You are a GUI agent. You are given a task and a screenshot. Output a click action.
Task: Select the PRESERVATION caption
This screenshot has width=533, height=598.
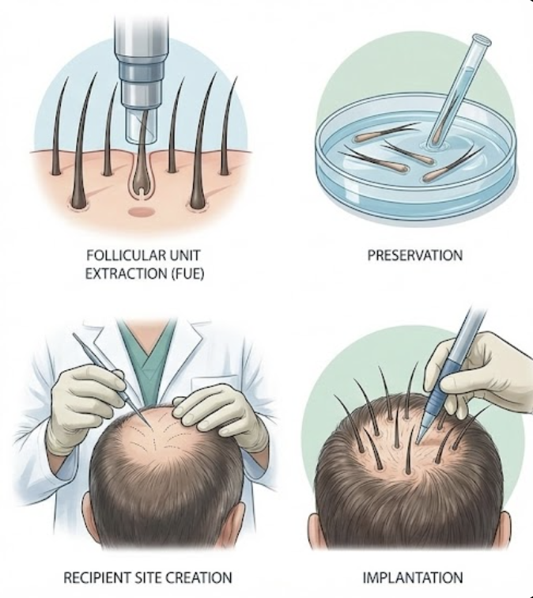[415, 255]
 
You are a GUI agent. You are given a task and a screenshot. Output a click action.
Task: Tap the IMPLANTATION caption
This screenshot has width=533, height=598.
[413, 577]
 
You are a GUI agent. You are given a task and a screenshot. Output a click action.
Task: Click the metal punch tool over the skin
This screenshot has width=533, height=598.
[142, 73]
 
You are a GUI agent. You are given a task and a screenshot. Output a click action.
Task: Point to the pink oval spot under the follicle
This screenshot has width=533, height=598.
[140, 211]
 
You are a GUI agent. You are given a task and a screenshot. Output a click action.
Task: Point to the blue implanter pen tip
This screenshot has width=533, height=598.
[420, 438]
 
